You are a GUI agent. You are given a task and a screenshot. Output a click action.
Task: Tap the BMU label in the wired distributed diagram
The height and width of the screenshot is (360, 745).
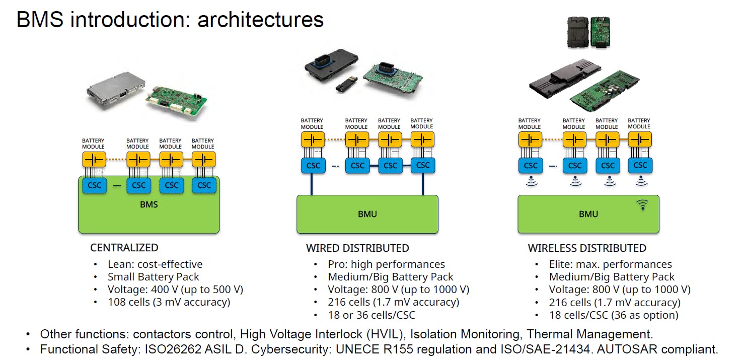point(367,214)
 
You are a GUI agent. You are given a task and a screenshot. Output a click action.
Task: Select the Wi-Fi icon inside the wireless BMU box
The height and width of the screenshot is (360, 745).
point(643,205)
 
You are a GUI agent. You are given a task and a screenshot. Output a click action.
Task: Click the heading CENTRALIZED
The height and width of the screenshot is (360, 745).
point(124,248)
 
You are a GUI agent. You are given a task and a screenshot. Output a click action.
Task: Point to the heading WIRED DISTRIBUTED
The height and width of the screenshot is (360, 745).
point(357,248)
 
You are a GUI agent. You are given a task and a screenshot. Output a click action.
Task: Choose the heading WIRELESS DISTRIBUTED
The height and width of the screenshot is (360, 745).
point(587,248)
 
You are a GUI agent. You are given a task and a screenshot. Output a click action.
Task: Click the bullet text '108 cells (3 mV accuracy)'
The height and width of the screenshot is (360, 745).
point(169,302)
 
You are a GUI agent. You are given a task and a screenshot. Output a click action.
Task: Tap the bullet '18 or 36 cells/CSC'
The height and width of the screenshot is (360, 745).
point(371,315)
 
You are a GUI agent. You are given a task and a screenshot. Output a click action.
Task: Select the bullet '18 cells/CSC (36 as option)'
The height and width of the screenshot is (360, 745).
point(614,315)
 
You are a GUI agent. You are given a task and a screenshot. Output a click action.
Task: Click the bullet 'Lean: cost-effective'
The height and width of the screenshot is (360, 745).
point(155,264)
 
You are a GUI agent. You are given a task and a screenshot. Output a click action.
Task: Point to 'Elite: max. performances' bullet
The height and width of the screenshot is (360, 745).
point(610,264)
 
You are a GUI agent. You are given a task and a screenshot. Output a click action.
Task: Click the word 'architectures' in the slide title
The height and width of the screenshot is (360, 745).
point(260,20)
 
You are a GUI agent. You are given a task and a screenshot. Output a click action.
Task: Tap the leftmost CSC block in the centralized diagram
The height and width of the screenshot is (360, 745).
point(95,185)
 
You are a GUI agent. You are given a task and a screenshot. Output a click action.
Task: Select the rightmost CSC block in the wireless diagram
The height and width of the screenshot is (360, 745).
point(640,165)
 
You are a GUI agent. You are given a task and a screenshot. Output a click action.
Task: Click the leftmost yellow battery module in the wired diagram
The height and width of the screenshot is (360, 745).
point(313,139)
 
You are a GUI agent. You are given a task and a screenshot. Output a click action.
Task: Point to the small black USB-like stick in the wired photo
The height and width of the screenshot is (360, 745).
point(347,84)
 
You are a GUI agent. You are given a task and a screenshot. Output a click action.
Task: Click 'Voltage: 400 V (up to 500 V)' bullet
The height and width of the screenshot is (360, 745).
point(175,290)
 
